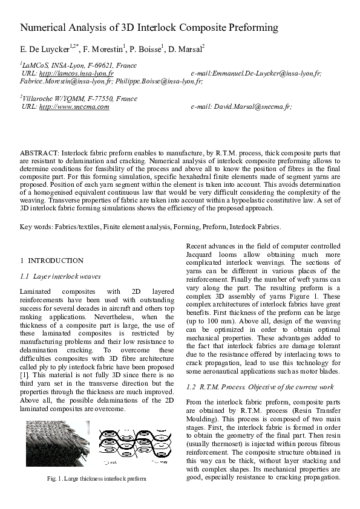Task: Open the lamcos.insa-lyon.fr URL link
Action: pos(72,73)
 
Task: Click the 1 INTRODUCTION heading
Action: pos(51,261)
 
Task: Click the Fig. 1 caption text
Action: pos(96,479)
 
